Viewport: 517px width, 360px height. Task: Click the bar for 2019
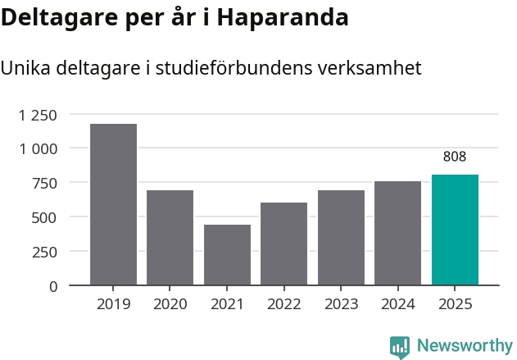(113, 204)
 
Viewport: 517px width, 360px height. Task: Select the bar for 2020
(170, 238)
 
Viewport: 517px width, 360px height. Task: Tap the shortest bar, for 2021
(227, 255)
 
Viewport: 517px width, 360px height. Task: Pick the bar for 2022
(283, 244)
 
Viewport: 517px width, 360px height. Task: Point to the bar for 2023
(341, 238)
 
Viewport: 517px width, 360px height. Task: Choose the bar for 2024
(397, 233)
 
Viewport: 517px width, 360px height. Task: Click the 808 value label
(455, 157)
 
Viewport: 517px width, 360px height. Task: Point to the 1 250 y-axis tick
(38, 115)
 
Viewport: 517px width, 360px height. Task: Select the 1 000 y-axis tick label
(38, 148)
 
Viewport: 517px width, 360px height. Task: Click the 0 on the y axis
(53, 286)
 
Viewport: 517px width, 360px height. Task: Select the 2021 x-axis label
(227, 304)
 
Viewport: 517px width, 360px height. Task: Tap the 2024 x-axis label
(397, 304)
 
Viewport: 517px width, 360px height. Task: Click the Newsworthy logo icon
(400, 347)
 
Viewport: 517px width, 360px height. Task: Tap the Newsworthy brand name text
(464, 346)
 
